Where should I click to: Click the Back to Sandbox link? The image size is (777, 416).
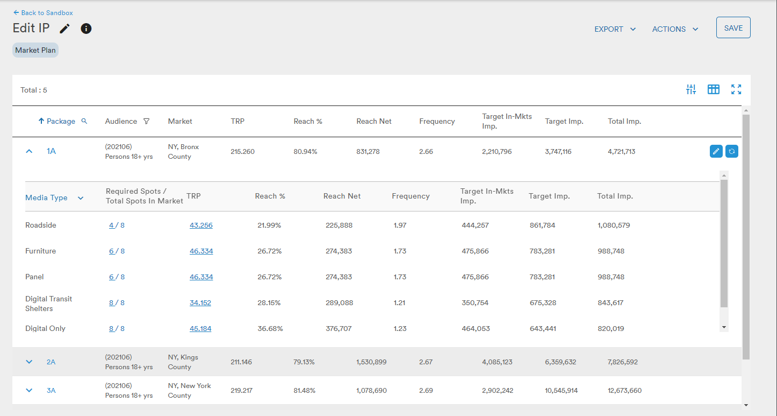[43, 13]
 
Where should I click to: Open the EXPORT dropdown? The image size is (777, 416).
[615, 29]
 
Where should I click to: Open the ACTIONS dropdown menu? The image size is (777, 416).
[675, 29]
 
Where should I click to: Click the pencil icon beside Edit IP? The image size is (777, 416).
[64, 29]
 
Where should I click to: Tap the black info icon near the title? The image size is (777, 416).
[86, 29]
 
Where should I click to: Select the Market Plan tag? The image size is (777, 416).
[35, 51]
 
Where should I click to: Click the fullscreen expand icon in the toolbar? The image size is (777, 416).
[736, 89]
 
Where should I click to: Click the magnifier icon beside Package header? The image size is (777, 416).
[84, 121]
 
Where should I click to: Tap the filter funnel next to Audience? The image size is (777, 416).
[146, 121]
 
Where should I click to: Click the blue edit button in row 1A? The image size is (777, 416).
[716, 152]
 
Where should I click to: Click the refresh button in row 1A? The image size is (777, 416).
[731, 152]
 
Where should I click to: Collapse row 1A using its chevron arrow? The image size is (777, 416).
[29, 151]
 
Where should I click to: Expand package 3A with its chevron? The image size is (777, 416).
[29, 390]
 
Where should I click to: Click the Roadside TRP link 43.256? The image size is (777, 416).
[201, 225]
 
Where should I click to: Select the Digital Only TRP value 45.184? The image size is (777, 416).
[200, 328]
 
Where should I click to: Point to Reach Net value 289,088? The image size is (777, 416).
[339, 302]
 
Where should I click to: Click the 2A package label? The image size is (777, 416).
[51, 362]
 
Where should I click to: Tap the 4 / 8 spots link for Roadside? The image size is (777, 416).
[117, 225]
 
